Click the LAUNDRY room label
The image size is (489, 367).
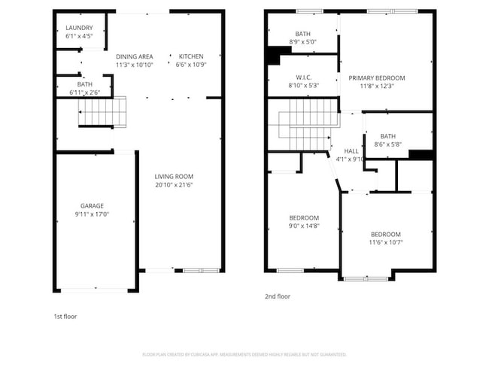pyautogui.click(x=79, y=28)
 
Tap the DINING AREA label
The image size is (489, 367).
pyautogui.click(x=134, y=56)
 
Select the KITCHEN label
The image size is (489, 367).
pyautogui.click(x=190, y=56)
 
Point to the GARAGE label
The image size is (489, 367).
pyautogui.click(x=93, y=205)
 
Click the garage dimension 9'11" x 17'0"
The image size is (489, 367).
pyautogui.click(x=93, y=214)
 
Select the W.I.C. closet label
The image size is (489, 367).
pyautogui.click(x=304, y=77)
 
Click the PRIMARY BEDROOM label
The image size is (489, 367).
pyautogui.click(x=376, y=77)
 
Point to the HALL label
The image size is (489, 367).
pyautogui.click(x=351, y=150)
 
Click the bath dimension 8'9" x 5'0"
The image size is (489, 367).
pyautogui.click(x=303, y=42)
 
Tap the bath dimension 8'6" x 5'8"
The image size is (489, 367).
pyautogui.click(x=387, y=144)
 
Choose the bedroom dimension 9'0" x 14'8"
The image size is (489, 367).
pyautogui.click(x=303, y=226)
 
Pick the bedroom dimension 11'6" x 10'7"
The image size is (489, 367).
pyautogui.click(x=384, y=242)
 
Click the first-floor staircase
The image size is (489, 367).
pyautogui.click(x=104, y=112)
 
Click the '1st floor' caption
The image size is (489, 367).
pyautogui.click(x=65, y=316)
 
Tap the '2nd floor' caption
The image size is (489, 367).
pyautogui.click(x=278, y=296)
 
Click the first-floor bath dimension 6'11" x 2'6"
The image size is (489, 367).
pyautogui.click(x=84, y=93)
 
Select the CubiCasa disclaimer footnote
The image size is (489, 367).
pyautogui.click(x=244, y=353)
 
